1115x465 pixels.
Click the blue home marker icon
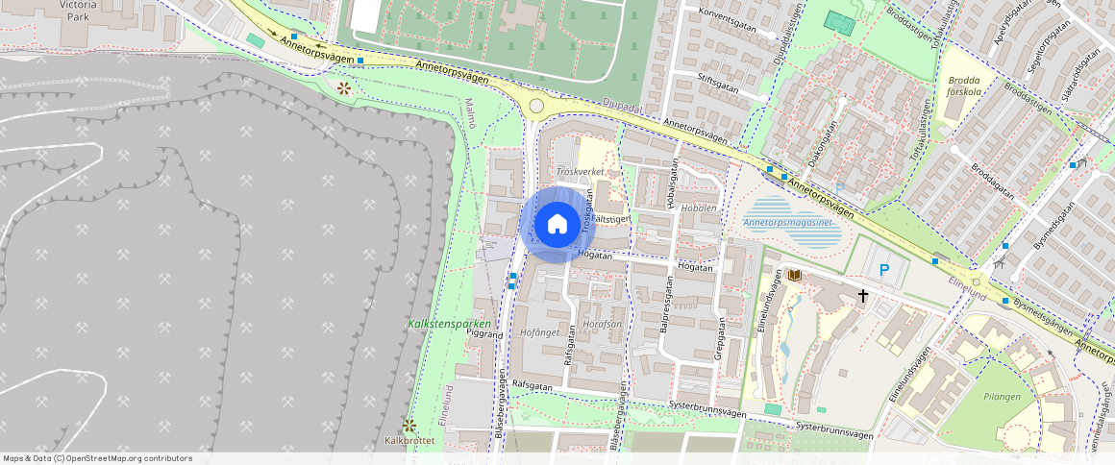click(x=557, y=225)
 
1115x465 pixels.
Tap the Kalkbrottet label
click(x=409, y=442)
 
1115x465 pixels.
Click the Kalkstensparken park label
click(x=449, y=324)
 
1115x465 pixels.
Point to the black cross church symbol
click(x=863, y=296)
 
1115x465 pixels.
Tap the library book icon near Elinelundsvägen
click(x=794, y=276)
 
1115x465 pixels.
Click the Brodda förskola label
click(x=964, y=86)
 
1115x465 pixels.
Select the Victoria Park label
click(x=78, y=11)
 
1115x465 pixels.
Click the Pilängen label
click(x=1003, y=395)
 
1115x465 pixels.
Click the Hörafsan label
click(x=603, y=324)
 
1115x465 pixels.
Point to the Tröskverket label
click(x=580, y=171)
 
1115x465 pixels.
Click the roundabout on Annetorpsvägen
click(x=536, y=106)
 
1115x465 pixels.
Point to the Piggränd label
click(x=483, y=335)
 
